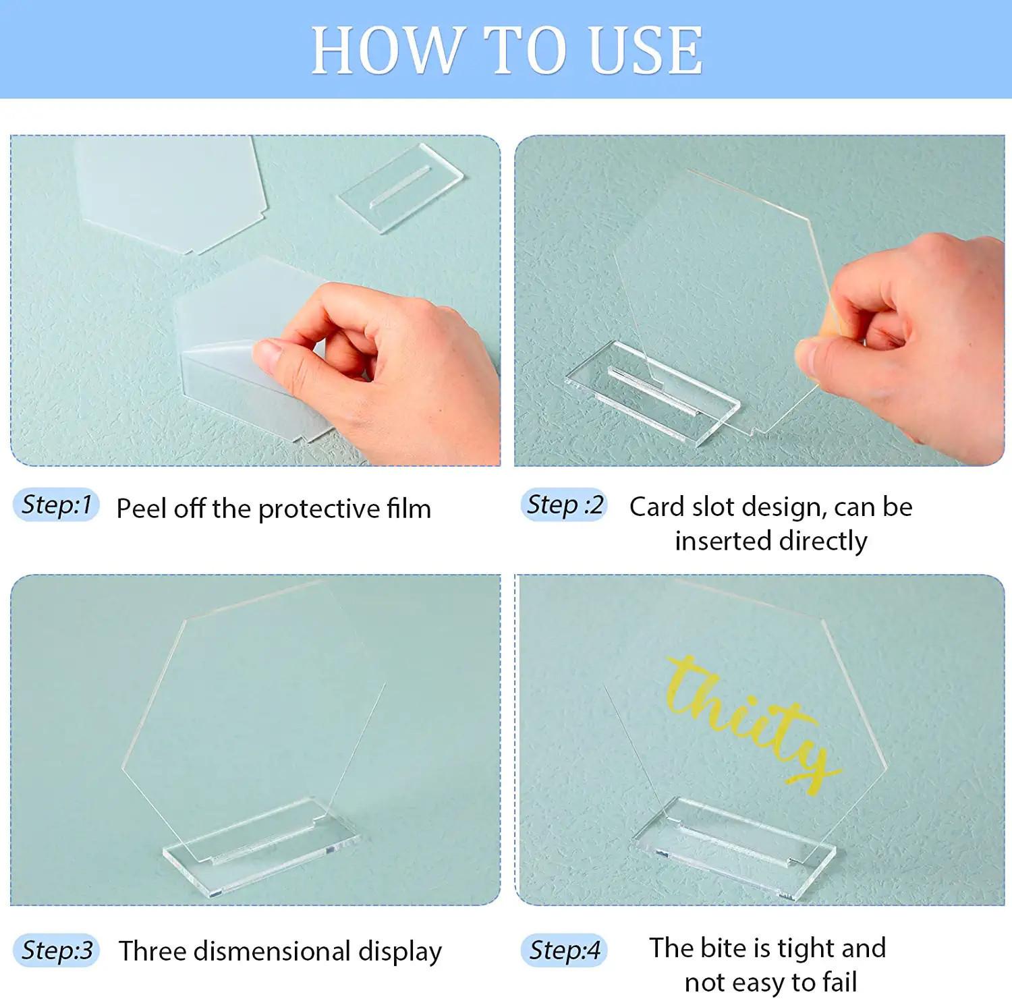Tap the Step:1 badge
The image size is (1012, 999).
click(56, 505)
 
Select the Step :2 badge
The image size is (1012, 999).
click(564, 505)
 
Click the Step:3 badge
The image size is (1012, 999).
click(57, 950)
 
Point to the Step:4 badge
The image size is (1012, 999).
click(564, 950)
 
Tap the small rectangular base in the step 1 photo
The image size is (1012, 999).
click(401, 188)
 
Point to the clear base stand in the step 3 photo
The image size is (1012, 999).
click(262, 847)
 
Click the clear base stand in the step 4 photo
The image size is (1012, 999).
click(735, 847)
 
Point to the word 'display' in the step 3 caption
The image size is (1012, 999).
click(401, 952)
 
